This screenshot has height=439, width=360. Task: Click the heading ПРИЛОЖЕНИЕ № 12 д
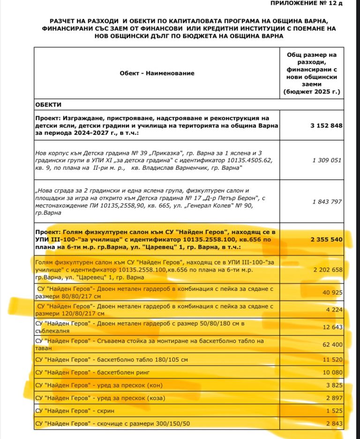(x=313, y=4)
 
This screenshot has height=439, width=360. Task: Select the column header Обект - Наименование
(x=157, y=73)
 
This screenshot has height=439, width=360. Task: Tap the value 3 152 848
(x=326, y=126)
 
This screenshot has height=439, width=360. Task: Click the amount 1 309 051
(x=327, y=160)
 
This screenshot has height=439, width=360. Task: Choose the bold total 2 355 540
(x=326, y=239)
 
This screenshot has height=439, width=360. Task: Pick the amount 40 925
(x=331, y=293)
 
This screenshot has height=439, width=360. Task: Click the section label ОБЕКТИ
(x=48, y=104)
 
